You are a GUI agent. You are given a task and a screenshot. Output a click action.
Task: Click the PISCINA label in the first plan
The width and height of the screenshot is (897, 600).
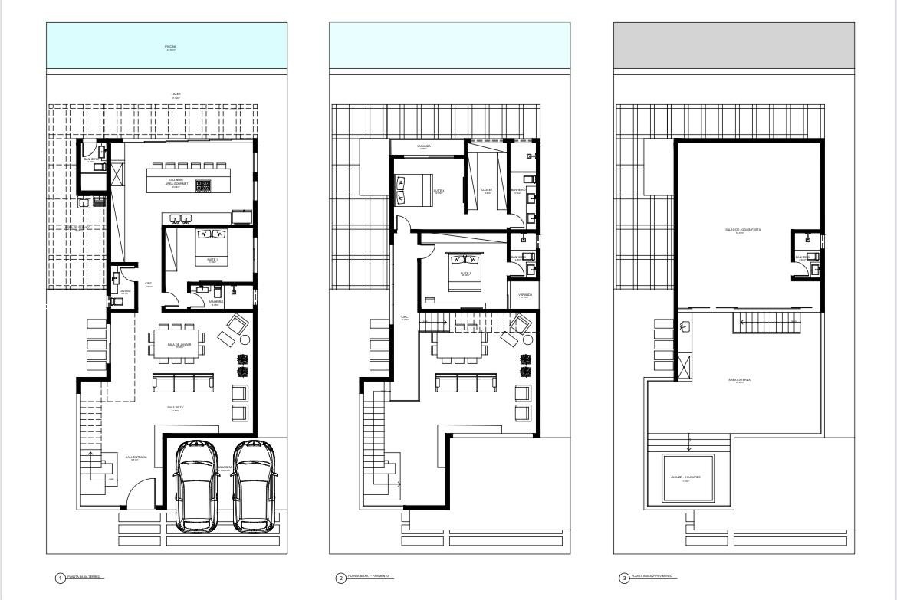click(x=170, y=47)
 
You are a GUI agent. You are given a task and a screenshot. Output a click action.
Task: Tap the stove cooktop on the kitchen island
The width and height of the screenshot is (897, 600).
click(x=203, y=185)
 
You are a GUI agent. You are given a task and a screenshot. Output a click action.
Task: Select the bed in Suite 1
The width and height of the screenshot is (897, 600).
click(x=212, y=244)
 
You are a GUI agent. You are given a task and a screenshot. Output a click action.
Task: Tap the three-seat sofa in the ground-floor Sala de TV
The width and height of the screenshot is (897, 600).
click(x=183, y=383)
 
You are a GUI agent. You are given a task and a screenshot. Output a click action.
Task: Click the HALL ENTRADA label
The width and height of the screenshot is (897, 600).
click(x=136, y=457)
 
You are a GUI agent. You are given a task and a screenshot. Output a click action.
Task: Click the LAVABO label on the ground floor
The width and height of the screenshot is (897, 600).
click(x=125, y=290)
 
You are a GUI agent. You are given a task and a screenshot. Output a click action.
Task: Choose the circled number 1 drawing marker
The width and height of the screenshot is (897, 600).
click(x=60, y=578)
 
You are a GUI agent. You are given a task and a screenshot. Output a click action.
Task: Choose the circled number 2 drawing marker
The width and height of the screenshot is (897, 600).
click(x=341, y=578)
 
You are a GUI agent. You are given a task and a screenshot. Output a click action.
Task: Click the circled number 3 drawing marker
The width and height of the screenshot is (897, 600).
click(x=623, y=578)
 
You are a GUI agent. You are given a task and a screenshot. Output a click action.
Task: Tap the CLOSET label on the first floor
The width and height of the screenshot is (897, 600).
click(x=486, y=190)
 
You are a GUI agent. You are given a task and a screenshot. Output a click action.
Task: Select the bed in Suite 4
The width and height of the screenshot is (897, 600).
click(x=412, y=189)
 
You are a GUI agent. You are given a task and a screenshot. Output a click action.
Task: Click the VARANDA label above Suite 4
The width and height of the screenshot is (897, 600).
click(x=423, y=146)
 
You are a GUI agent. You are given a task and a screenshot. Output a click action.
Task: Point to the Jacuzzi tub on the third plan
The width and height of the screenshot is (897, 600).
click(x=688, y=478)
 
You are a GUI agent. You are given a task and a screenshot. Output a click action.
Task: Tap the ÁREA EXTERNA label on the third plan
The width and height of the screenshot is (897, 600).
click(x=739, y=379)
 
